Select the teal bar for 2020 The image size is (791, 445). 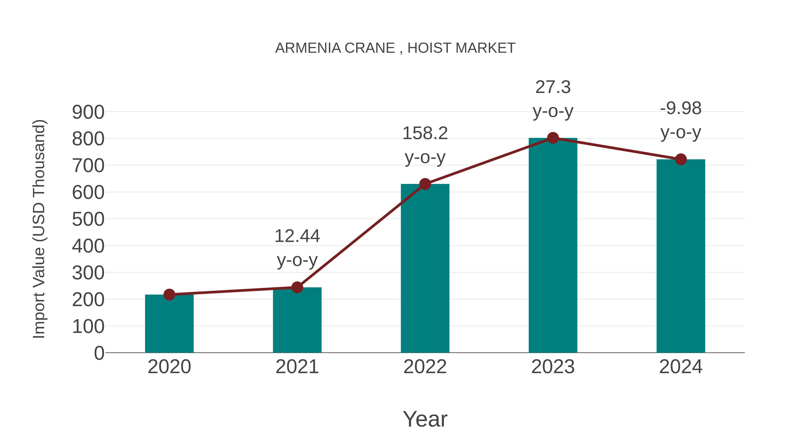click(169, 325)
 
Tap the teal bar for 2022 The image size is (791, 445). click(425, 270)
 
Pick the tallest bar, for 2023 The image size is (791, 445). click(553, 246)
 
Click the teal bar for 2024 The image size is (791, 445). click(680, 258)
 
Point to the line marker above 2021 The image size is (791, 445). click(297, 287)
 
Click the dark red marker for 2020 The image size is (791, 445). click(169, 294)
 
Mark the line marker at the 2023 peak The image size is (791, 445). click(553, 138)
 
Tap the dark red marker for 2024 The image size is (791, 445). click(680, 159)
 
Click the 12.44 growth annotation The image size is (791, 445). click(297, 236)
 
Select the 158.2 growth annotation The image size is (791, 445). click(425, 134)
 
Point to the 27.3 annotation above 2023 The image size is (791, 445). click(553, 87)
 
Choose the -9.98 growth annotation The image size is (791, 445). click(680, 108)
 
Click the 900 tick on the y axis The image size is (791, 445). click(88, 112)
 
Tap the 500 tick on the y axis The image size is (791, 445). click(88, 219)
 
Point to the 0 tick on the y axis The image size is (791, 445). click(99, 353)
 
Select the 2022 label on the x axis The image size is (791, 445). click(425, 367)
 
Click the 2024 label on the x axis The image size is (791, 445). click(680, 367)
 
